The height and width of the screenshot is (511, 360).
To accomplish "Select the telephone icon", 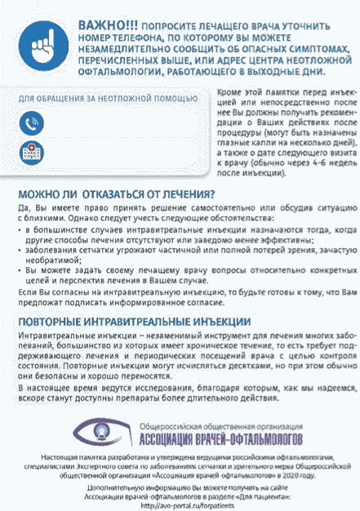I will click(x=31, y=123).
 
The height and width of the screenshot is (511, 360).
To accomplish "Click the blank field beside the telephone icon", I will click(x=122, y=123).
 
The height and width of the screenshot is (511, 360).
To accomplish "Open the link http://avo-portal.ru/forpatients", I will click(x=180, y=504).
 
